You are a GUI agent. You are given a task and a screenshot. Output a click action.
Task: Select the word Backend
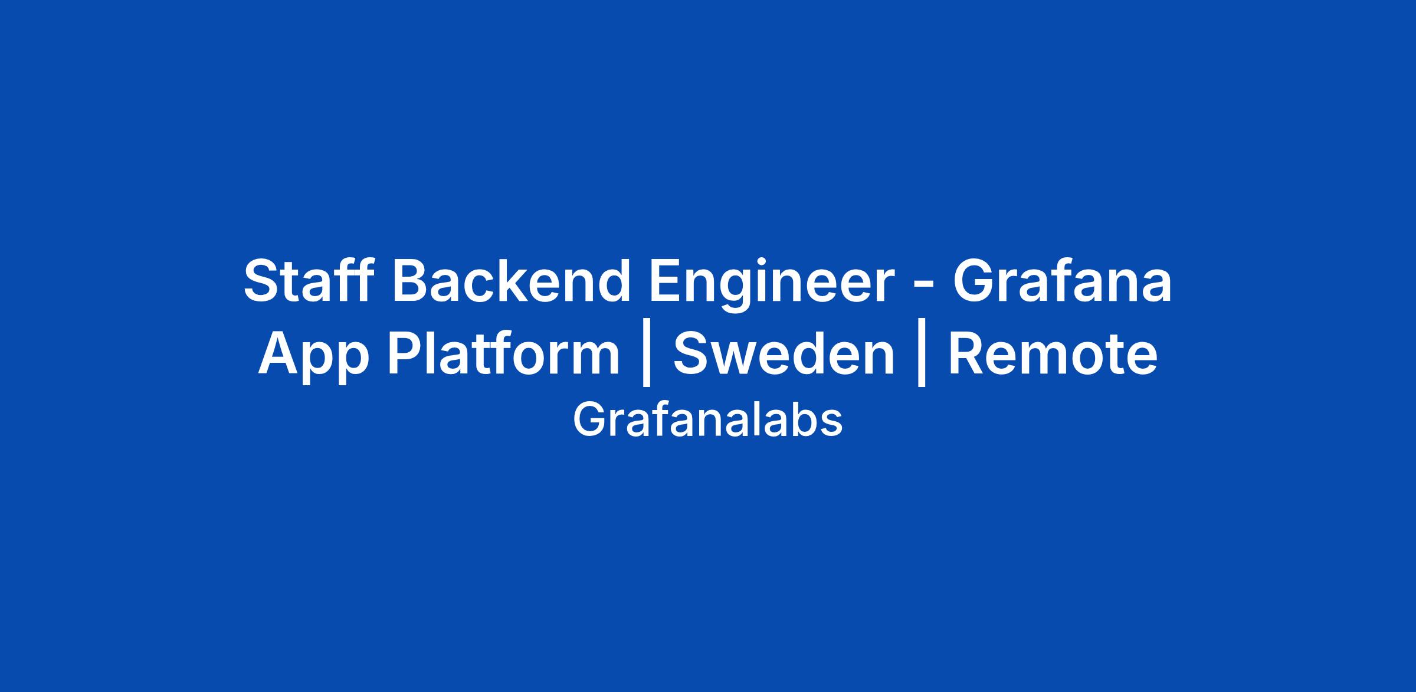(512, 281)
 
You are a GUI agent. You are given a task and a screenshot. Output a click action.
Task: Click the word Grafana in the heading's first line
(1063, 281)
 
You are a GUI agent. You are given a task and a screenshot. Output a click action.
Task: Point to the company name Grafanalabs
(707, 420)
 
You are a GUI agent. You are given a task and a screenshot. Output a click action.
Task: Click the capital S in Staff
(263, 281)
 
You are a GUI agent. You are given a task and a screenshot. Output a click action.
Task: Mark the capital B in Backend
(413, 281)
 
